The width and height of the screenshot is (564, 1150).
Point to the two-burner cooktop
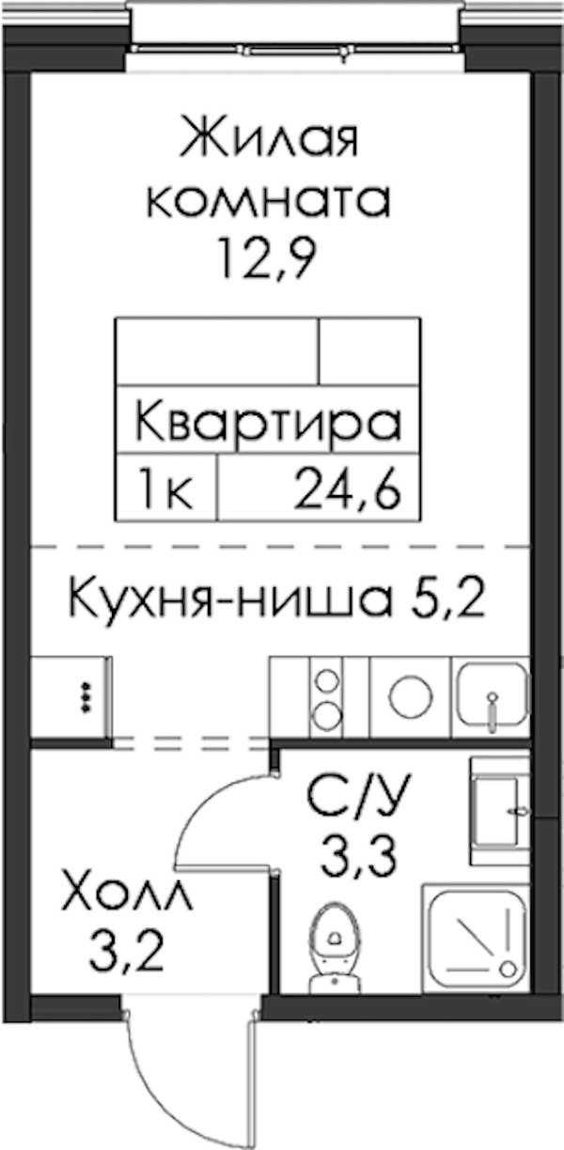[327, 698]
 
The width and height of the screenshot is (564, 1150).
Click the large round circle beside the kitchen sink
[411, 698]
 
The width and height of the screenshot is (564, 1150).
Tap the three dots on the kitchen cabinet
[86, 697]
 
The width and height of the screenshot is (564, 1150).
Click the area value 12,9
[267, 260]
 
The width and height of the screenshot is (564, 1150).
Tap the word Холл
[126, 904]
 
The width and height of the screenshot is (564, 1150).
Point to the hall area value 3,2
[126, 964]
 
